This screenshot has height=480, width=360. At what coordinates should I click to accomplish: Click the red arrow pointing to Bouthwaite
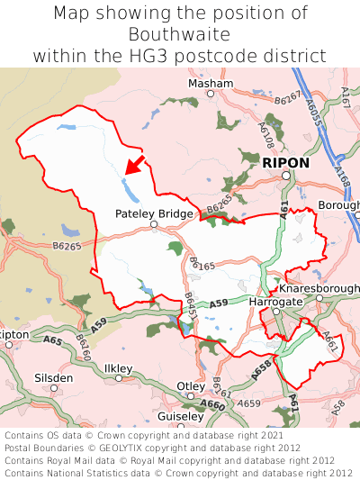point(135,165)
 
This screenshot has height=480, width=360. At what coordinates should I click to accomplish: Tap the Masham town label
point(210,83)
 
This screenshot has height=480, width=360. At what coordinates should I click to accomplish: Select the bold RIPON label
point(285,163)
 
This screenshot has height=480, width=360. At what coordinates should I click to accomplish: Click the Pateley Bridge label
point(154,213)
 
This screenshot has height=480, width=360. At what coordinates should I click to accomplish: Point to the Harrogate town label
point(274,302)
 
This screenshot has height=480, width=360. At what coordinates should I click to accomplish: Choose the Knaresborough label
point(319,288)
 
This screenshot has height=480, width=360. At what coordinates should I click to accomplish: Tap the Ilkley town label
point(118,368)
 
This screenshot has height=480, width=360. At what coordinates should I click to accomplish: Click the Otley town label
point(190,385)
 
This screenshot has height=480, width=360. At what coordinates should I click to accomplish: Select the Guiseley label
point(180,417)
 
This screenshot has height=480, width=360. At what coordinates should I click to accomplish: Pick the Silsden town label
point(54,377)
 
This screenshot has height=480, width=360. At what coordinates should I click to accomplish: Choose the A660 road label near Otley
point(213,404)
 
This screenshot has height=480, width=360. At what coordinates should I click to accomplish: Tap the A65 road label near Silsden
point(52,341)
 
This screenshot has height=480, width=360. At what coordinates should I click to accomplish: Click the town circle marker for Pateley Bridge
point(154,224)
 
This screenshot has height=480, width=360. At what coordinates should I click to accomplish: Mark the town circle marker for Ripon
point(285,176)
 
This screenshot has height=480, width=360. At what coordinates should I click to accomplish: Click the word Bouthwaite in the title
point(179,34)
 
